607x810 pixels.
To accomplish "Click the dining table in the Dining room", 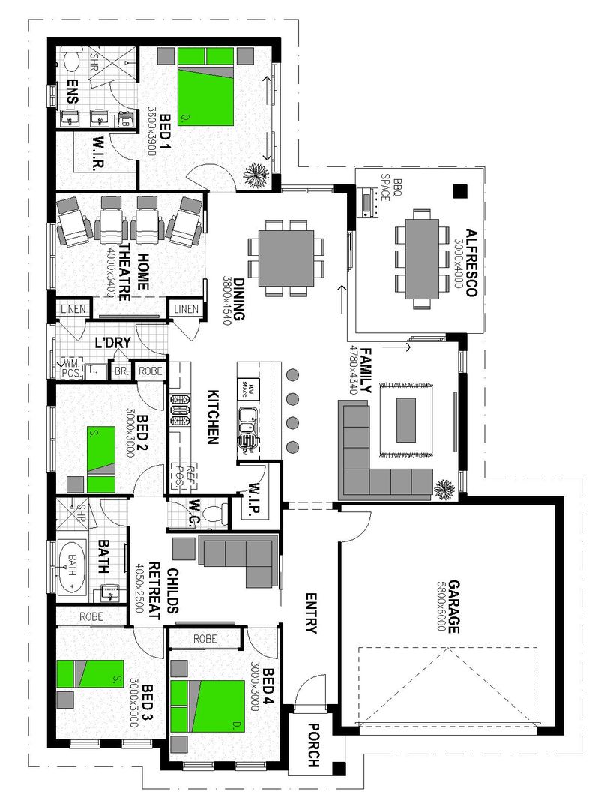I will tap(286, 257).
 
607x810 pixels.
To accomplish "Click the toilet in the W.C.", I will tap(211, 514).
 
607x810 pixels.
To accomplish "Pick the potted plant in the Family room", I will tap(444, 489).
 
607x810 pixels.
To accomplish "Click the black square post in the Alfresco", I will tap(459, 192).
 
